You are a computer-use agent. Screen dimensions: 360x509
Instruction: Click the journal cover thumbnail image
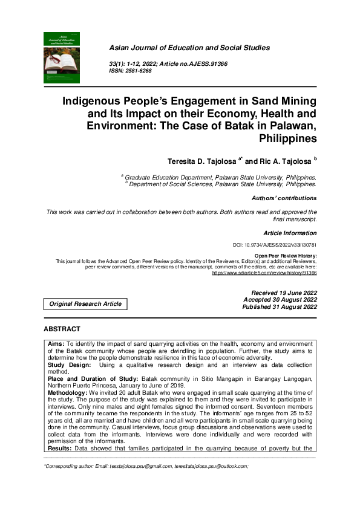(62, 57)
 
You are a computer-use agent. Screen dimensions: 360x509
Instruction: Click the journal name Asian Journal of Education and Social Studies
(189, 48)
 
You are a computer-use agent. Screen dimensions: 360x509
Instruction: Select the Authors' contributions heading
(284, 198)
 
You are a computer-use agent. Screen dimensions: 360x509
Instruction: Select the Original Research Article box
(85, 304)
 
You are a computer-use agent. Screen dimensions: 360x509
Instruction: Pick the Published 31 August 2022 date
(280, 307)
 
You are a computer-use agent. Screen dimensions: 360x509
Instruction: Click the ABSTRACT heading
(62, 329)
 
